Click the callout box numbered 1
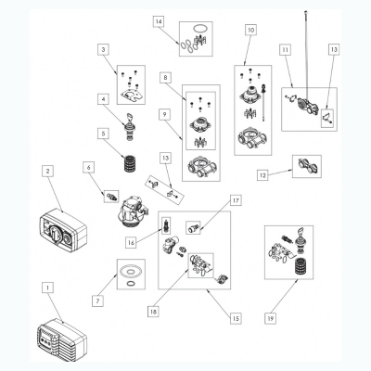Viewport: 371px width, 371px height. pyautogui.click(x=47, y=288)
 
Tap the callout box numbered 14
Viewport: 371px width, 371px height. pyautogui.click(x=159, y=21)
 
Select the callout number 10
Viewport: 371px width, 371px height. pyautogui.click(x=251, y=30)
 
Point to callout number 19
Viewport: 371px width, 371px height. pyautogui.click(x=270, y=318)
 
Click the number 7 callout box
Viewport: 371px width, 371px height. pyautogui.click(x=97, y=301)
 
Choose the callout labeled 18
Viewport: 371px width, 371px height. pyautogui.click(x=153, y=312)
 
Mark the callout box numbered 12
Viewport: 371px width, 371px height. pyautogui.click(x=262, y=175)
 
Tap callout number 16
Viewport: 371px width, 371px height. pyautogui.click(x=131, y=243)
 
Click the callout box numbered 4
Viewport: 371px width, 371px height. pyautogui.click(x=104, y=99)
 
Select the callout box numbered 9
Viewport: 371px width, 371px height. pyautogui.click(x=165, y=115)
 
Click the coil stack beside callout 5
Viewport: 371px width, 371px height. pyautogui.click(x=130, y=163)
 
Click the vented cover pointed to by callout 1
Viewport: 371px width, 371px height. pyautogui.click(x=62, y=340)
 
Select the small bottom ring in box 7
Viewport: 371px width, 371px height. pyautogui.click(x=131, y=284)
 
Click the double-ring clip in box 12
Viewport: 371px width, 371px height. pyautogui.click(x=306, y=166)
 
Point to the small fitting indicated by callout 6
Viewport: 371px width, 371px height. pyautogui.click(x=111, y=197)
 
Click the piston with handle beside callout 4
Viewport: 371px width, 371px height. pyautogui.click(x=130, y=127)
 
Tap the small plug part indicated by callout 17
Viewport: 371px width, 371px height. pyautogui.click(x=194, y=228)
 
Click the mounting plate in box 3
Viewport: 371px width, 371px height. pyautogui.click(x=132, y=96)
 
